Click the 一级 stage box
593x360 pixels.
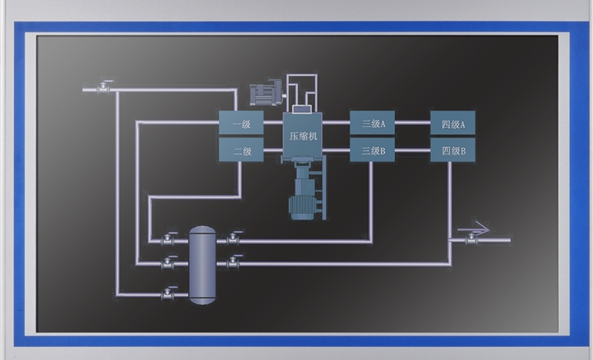[240, 125]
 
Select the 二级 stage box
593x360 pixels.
[240, 150]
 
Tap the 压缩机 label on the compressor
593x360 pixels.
[303, 136]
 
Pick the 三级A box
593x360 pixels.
[373, 124]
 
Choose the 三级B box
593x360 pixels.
[373, 150]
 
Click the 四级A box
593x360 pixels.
[453, 125]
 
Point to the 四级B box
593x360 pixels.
[453, 150]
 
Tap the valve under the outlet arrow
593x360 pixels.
[472, 239]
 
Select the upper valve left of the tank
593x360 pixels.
[169, 239]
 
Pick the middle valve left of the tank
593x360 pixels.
[169, 263]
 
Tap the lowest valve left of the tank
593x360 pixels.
[169, 292]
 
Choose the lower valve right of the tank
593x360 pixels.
[234, 263]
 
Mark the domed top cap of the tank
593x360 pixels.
[201, 231]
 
